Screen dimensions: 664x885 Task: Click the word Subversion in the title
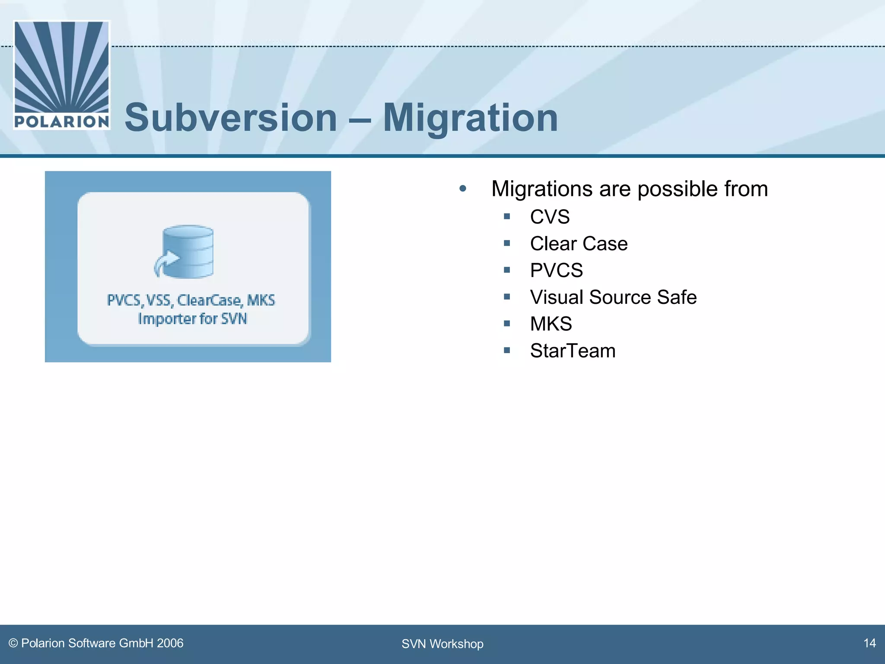pos(231,118)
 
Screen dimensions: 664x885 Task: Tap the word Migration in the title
pos(470,118)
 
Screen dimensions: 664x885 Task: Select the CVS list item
pos(550,217)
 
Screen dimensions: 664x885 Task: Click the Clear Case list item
pos(579,243)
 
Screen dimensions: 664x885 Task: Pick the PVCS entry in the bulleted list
pos(556,270)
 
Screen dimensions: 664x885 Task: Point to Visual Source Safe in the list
pos(613,297)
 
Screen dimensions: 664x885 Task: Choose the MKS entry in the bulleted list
pos(551,324)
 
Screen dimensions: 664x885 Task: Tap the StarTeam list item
pos(573,351)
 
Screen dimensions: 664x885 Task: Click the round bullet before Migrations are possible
pos(463,188)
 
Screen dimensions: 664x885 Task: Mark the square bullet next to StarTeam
pos(507,350)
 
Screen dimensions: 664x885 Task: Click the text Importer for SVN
pos(192,319)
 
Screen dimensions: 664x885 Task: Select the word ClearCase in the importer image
pos(209,300)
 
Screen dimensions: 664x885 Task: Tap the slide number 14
pos(869,643)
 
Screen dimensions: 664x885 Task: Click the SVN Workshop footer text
pos(442,644)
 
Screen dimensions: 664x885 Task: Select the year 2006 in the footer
pos(170,643)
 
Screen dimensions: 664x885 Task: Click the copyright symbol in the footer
pos(13,643)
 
